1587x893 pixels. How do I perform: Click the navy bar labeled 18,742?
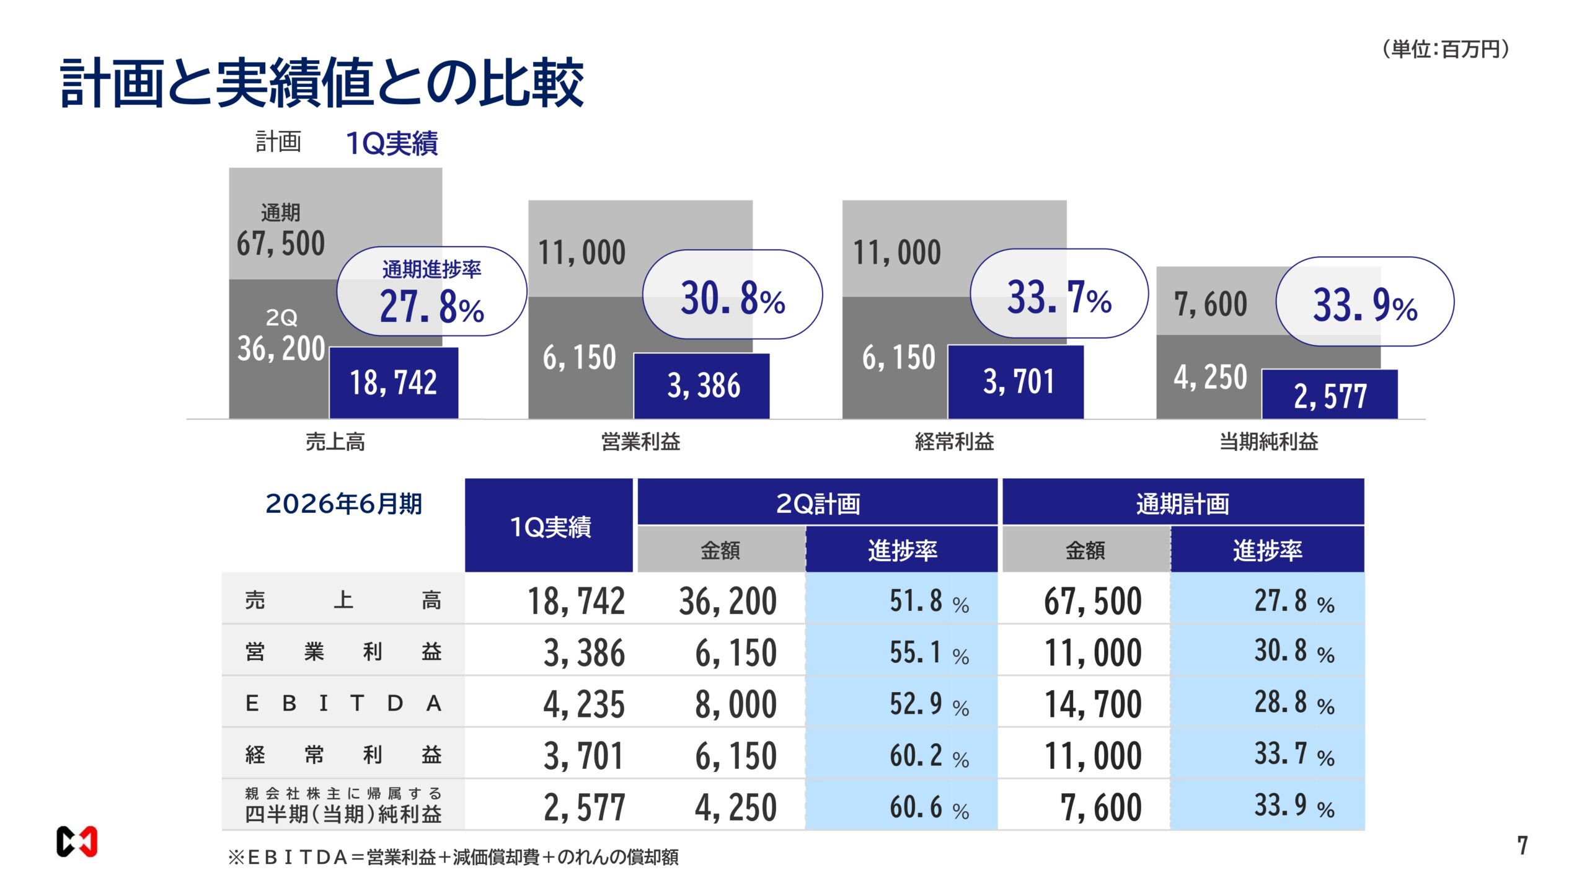(x=394, y=383)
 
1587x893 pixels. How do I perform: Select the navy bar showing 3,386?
(x=701, y=386)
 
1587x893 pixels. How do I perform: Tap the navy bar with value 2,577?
(x=1330, y=395)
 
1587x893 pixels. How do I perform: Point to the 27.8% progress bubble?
(x=431, y=291)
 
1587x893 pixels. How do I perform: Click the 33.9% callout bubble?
(x=1364, y=302)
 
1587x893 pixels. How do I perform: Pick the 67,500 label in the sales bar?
(x=281, y=243)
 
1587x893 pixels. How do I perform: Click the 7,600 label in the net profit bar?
(x=1210, y=304)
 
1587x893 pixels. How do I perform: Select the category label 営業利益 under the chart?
(x=640, y=442)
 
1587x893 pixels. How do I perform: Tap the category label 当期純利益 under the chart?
(x=1268, y=442)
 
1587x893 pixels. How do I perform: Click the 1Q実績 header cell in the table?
(x=549, y=526)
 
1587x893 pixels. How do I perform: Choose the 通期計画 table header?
(x=1182, y=503)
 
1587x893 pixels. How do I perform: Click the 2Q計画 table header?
(x=817, y=503)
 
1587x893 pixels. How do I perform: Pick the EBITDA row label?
(x=343, y=703)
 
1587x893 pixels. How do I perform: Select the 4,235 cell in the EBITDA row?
(x=583, y=704)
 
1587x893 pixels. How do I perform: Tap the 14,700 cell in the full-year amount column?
(x=1092, y=704)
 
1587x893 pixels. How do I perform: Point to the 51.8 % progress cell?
(x=928, y=601)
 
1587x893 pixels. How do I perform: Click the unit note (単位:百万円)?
(x=1445, y=49)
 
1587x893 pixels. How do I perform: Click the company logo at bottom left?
(x=77, y=842)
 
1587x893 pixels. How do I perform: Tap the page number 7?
(x=1522, y=845)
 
